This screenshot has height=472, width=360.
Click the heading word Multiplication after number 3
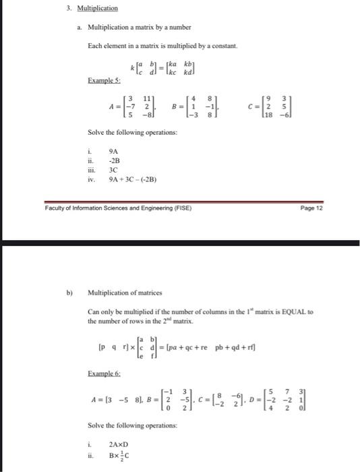pyautogui.click(x=98, y=9)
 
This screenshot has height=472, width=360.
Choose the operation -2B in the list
pyautogui.click(x=114, y=161)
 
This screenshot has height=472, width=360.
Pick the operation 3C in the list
pyautogui.click(x=113, y=171)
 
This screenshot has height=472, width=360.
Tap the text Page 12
pyautogui.click(x=313, y=208)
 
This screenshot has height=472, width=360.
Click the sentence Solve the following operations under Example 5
pyautogui.click(x=133, y=133)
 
